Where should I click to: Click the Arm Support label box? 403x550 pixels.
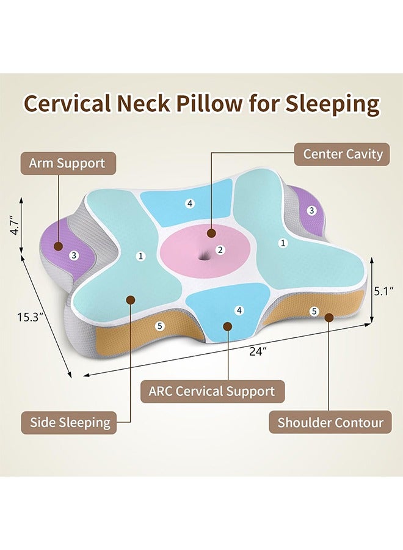coord(68,163)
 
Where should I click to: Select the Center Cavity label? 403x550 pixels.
coord(342,154)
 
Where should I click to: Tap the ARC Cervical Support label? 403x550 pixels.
coord(212,392)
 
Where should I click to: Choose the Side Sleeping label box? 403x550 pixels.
coord(68,422)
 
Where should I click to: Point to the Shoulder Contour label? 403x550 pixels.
coord(330,422)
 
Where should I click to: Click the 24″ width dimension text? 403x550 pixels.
coord(258,351)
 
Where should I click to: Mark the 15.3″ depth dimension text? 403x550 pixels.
coord(31,317)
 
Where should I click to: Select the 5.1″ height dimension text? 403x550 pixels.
coord(383,291)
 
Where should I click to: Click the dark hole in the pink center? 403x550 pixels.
coord(203,257)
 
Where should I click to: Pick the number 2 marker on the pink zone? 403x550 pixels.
coord(220,250)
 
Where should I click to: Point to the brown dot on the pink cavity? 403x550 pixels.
coord(211,233)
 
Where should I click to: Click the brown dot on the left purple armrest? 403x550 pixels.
coord(59,246)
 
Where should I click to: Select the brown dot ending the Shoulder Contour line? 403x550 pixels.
coord(329,317)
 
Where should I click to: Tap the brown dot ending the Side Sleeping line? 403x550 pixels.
coord(131,299)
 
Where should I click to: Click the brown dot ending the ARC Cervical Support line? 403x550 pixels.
coord(228,326)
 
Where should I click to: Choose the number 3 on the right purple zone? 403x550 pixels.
coord(311,210)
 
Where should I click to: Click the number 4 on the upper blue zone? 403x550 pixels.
coord(190,204)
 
